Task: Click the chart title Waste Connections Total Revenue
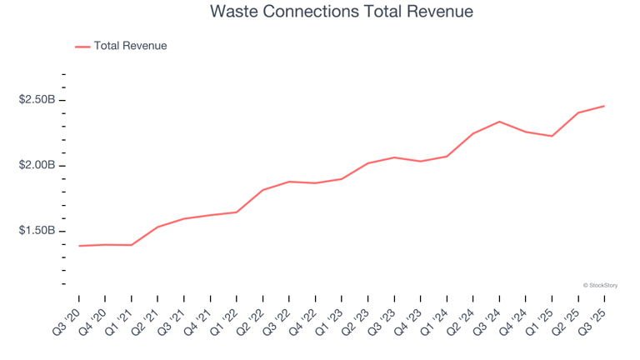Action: click(341, 12)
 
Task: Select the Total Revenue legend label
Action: click(130, 46)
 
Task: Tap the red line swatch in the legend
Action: click(82, 47)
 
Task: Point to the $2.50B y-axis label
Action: click(37, 100)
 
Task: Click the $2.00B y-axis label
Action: click(37, 165)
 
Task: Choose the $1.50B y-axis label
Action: click(37, 231)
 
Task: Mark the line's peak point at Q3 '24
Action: click(499, 122)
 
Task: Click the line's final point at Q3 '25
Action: click(604, 106)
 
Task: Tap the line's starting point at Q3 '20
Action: click(79, 246)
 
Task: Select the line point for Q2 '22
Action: click(263, 190)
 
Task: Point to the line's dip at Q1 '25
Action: click(552, 136)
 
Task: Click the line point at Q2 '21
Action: click(158, 227)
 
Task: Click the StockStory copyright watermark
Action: click(600, 285)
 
